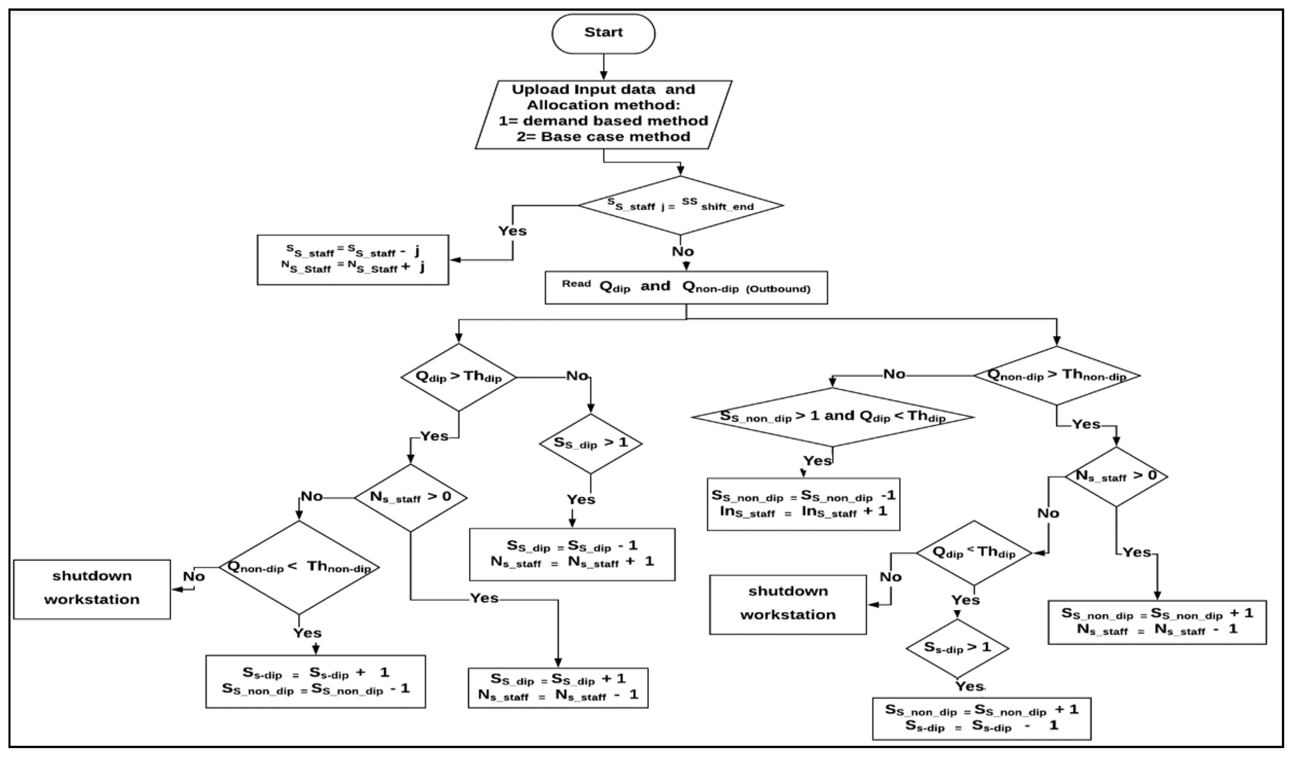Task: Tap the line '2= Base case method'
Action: click(x=603, y=137)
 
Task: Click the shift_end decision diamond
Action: click(x=681, y=206)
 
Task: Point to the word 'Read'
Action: click(x=576, y=284)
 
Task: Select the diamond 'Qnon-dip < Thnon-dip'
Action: click(x=299, y=567)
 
